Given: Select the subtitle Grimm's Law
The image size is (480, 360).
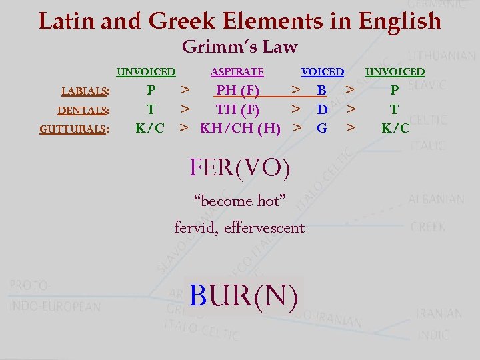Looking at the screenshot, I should (x=239, y=47).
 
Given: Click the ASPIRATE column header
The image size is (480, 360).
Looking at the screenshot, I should (x=237, y=72).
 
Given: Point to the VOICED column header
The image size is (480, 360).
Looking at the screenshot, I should (x=323, y=72).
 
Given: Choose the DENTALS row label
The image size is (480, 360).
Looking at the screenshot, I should (x=83, y=110).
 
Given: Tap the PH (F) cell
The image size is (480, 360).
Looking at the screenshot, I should (x=238, y=90).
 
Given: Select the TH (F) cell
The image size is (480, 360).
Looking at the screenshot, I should (x=237, y=109).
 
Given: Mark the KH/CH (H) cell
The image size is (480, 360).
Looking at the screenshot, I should (x=240, y=127).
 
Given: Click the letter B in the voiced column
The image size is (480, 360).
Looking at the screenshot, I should (x=321, y=90).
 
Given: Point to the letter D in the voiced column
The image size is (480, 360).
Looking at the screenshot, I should (x=321, y=109).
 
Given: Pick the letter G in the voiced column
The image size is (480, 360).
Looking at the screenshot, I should (x=321, y=127).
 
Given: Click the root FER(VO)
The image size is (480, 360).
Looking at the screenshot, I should (x=240, y=168).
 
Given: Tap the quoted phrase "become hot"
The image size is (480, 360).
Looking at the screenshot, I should (x=239, y=201).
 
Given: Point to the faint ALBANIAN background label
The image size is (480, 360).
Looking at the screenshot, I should (x=437, y=199).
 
